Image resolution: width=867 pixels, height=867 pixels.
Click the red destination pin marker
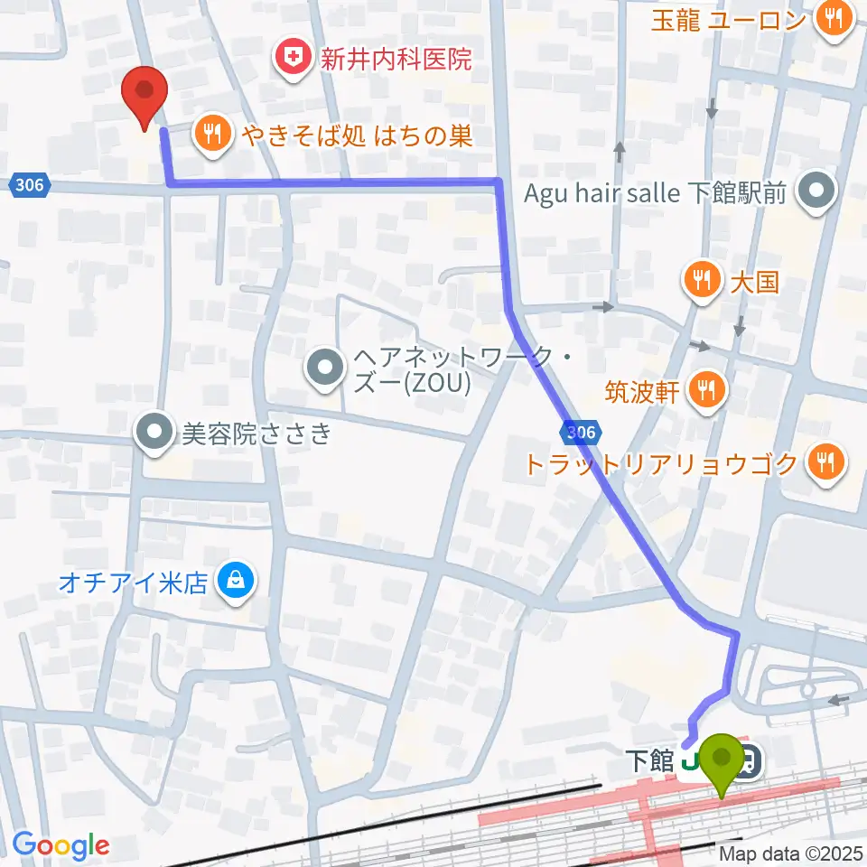coord(145,96)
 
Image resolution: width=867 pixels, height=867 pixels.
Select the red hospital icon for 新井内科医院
coord(292,61)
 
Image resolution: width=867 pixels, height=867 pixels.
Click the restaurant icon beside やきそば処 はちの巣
coord(213,135)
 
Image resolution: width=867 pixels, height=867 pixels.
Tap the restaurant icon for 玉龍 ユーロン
coord(832,17)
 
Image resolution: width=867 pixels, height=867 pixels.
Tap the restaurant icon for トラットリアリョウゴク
coord(825,463)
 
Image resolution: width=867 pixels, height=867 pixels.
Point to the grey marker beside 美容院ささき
coord(155,433)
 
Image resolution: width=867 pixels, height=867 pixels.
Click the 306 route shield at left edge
coord(28,184)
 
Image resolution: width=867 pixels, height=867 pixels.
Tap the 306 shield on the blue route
coord(580,433)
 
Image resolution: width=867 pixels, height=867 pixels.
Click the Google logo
coord(61,845)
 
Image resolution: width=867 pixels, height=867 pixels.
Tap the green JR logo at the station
coord(694,762)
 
